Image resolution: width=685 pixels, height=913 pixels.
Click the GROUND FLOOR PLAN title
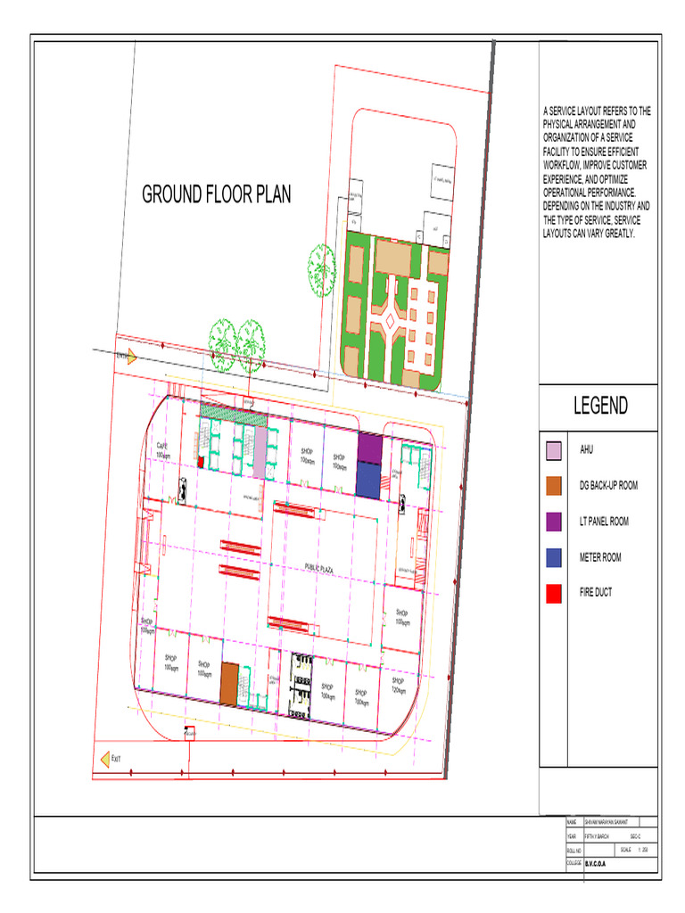(217, 194)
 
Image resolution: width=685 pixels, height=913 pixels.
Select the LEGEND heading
(600, 407)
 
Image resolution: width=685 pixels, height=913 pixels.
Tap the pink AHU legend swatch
(554, 450)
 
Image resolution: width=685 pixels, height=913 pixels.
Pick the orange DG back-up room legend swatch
(554, 486)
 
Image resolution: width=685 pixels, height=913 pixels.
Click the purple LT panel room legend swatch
(554, 522)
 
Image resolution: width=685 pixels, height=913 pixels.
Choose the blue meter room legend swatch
(554, 557)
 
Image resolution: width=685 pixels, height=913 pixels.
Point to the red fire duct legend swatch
(554, 593)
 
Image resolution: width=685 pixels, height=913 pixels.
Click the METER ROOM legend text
(600, 557)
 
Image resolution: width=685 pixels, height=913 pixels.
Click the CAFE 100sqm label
(163, 449)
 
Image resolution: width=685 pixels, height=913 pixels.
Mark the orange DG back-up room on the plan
(230, 683)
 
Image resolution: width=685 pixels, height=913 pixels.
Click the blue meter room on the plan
(368, 479)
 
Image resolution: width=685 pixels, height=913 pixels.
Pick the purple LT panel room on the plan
(368, 448)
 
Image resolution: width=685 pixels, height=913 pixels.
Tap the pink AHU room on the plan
(260, 453)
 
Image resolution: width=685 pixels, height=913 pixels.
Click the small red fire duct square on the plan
(201, 461)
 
